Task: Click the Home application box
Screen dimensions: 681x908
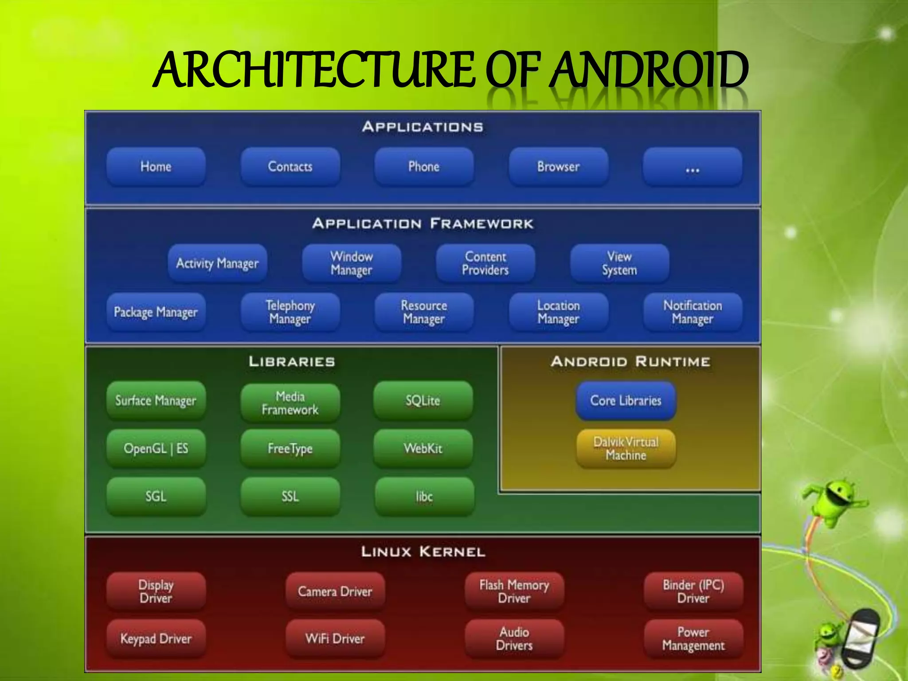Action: tap(156, 167)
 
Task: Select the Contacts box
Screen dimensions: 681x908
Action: tap(290, 167)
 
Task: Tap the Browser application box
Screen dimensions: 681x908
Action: tap(558, 167)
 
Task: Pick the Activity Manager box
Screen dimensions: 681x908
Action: tap(217, 263)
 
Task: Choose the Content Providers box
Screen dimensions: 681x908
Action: tap(485, 263)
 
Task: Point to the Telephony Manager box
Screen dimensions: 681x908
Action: tap(290, 312)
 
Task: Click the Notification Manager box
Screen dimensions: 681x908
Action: tap(692, 312)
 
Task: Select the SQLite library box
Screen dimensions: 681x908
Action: tap(423, 401)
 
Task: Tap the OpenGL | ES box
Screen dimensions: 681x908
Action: tap(156, 449)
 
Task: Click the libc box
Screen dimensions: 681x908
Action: tap(424, 497)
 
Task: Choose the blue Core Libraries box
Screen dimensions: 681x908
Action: tap(626, 401)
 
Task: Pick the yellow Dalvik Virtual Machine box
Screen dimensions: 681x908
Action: tap(626, 449)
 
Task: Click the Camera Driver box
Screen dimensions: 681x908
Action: tap(335, 591)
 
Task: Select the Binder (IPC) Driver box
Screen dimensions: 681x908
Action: tap(693, 591)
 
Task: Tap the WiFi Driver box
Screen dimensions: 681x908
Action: tap(335, 639)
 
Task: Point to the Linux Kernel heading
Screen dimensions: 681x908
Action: tap(423, 552)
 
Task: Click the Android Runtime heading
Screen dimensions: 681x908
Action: tap(630, 362)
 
